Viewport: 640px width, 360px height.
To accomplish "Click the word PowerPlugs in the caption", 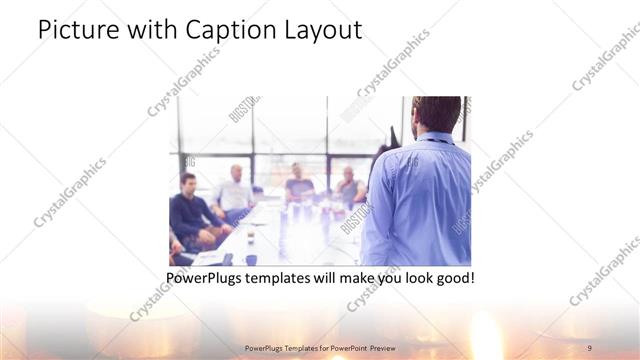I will click(207, 277).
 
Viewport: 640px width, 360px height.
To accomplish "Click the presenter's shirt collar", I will click(431, 142).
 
